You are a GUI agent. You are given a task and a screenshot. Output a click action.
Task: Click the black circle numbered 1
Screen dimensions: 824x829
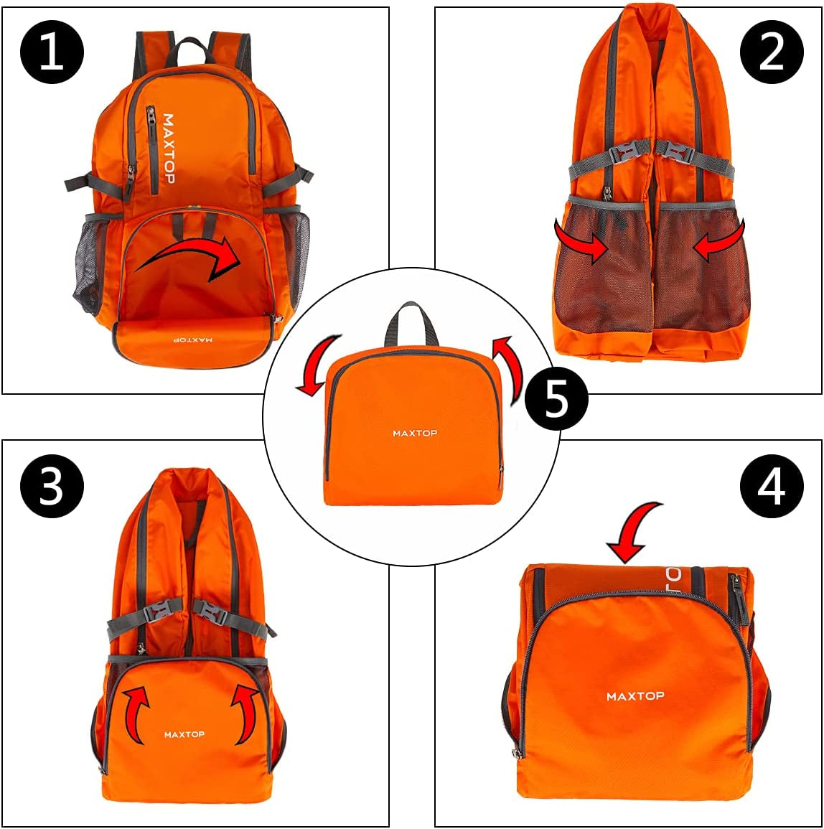pos(52,51)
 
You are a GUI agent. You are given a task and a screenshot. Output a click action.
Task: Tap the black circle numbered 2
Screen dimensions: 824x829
pos(772,51)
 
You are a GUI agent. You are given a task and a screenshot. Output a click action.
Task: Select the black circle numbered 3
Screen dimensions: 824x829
pos(52,486)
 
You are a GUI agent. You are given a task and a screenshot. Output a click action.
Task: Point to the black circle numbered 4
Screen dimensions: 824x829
pos(772,486)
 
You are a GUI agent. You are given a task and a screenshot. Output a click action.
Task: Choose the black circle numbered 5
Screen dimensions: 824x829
pos(556,398)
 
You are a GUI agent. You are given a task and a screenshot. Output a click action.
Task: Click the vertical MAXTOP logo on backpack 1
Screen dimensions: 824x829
pos(168,149)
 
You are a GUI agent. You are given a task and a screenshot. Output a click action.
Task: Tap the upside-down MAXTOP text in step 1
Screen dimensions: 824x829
pos(192,339)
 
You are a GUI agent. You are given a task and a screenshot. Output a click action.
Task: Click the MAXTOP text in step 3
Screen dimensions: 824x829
pos(184,734)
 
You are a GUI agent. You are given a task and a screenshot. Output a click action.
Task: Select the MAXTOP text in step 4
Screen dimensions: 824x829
pos(635,696)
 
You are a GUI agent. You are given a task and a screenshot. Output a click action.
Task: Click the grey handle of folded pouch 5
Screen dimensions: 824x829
pos(413,322)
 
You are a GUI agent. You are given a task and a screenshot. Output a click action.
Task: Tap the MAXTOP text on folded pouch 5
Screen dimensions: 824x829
pos(415,433)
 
